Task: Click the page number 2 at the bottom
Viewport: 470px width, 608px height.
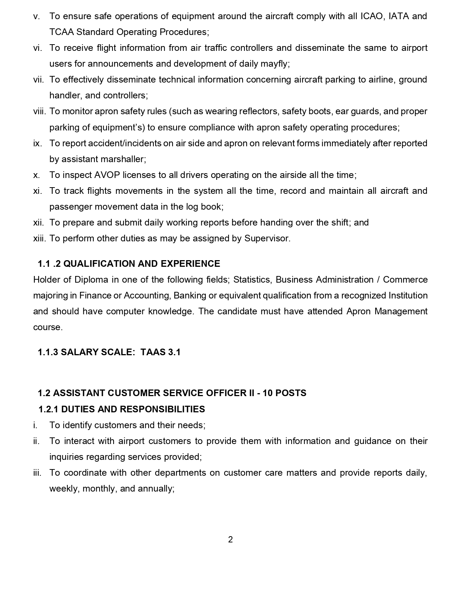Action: pos(230,539)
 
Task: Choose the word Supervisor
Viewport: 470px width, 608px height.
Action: pos(267,238)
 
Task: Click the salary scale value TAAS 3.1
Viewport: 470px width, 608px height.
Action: pos(161,352)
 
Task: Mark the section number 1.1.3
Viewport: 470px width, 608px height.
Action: pos(48,352)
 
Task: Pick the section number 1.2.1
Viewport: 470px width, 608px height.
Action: pos(49,409)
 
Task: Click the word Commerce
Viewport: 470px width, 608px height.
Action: pos(405,280)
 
